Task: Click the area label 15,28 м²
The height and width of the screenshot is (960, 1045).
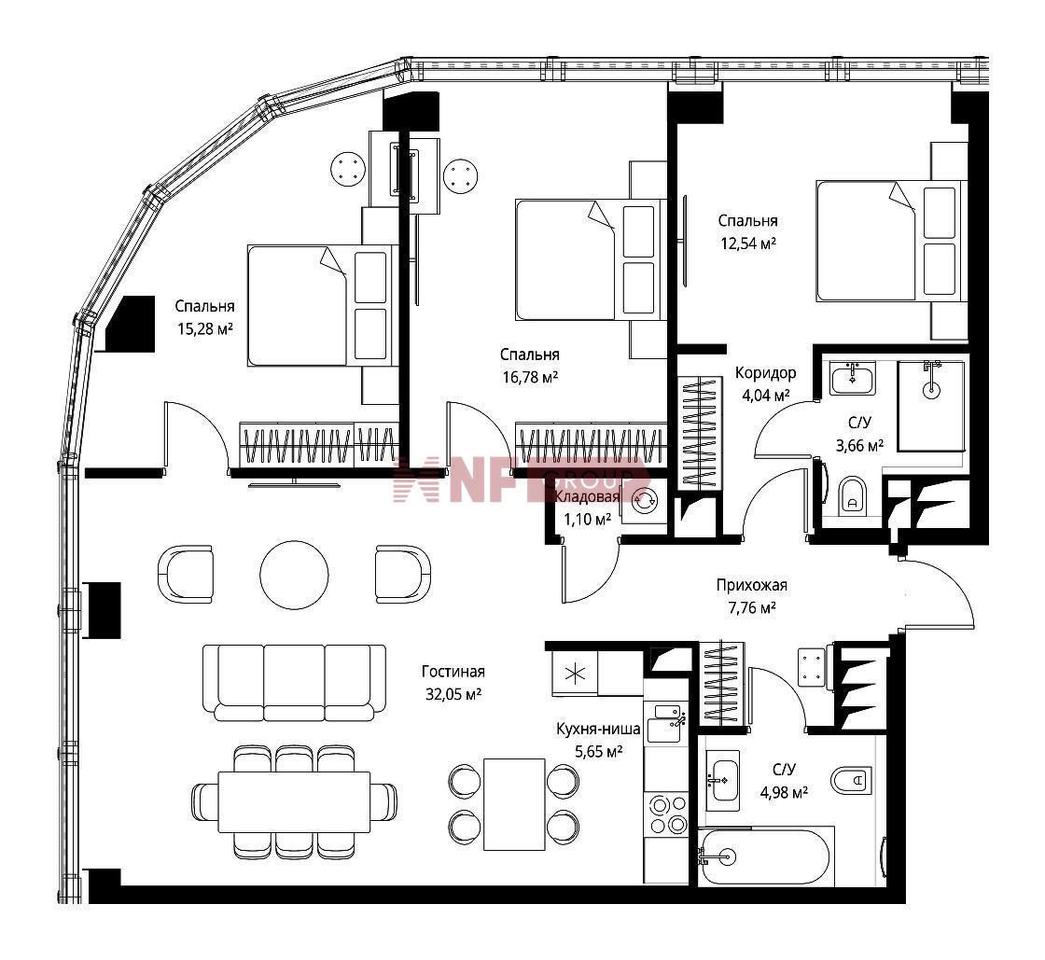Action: (204, 328)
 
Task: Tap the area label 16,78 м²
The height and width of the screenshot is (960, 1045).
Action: (530, 378)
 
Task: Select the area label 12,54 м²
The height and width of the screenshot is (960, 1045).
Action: (747, 243)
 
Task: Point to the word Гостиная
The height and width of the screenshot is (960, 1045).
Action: (453, 672)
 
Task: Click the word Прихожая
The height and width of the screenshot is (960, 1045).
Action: (752, 585)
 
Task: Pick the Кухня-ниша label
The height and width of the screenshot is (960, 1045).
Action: (598, 729)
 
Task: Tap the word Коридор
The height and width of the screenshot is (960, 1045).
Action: (765, 373)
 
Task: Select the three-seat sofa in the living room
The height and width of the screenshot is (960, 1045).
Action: (294, 682)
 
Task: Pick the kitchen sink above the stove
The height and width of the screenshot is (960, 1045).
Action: (665, 723)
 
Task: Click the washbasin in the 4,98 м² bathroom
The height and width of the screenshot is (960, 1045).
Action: (722, 780)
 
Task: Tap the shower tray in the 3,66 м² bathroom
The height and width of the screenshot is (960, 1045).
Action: (931, 407)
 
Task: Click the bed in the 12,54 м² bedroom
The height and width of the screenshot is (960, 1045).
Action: (892, 241)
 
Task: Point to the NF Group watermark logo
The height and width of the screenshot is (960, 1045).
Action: (521, 479)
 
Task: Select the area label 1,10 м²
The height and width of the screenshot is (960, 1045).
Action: (587, 520)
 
